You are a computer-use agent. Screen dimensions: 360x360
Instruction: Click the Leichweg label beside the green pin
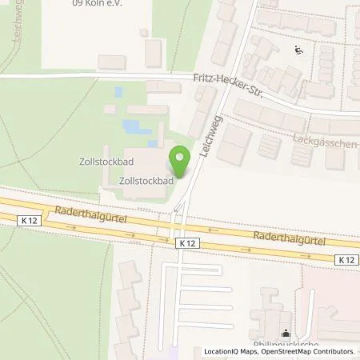[x=213, y=132]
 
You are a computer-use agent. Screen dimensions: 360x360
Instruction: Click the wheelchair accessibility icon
[x=298, y=50]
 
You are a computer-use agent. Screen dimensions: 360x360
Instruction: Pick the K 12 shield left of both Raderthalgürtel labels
[x=29, y=219]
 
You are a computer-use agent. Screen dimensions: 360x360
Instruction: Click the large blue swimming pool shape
[x=137, y=127]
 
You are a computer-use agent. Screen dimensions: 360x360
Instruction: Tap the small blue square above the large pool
[x=118, y=92]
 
